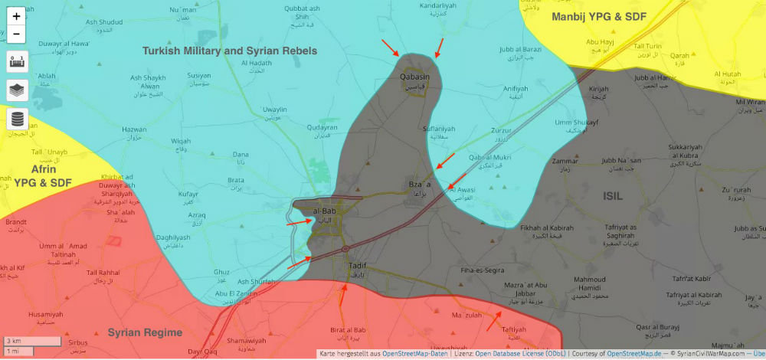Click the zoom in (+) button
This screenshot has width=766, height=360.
click(x=17, y=16)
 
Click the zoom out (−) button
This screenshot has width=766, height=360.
click(x=17, y=34)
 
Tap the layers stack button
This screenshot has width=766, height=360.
click(x=17, y=90)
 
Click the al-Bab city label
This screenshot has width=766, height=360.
click(x=326, y=211)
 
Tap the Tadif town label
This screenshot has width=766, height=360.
click(x=357, y=265)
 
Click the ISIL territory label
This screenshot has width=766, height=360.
click(x=613, y=196)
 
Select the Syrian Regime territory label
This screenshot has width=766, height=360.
click(x=145, y=332)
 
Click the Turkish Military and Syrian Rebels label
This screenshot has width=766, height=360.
click(x=230, y=51)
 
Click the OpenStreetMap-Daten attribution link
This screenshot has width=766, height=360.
click(x=415, y=353)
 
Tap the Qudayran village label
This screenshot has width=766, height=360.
click(x=322, y=128)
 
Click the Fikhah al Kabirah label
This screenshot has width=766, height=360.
click(x=547, y=228)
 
